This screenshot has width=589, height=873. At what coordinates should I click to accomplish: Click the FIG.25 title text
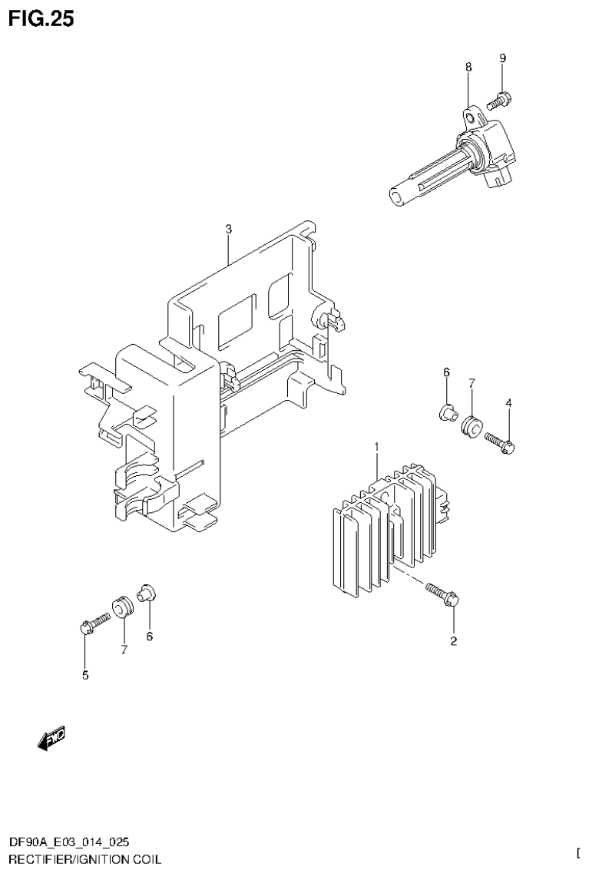point(41,19)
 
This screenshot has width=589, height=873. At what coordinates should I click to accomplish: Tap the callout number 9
point(502,59)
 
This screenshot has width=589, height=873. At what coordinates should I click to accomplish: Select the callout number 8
point(468,68)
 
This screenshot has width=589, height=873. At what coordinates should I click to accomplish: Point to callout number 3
point(228,229)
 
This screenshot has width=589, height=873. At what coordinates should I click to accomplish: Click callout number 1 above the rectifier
point(377,447)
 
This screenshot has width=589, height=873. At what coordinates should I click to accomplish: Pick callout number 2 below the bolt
point(453,642)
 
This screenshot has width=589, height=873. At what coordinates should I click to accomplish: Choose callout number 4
point(508,403)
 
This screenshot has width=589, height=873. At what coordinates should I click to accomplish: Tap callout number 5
point(84,676)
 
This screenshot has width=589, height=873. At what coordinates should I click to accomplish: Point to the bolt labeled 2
point(443,594)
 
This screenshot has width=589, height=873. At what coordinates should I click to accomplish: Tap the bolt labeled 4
point(501,441)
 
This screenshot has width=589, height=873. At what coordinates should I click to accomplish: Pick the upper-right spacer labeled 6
point(445,413)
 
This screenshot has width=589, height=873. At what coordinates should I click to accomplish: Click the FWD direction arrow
point(51,738)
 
